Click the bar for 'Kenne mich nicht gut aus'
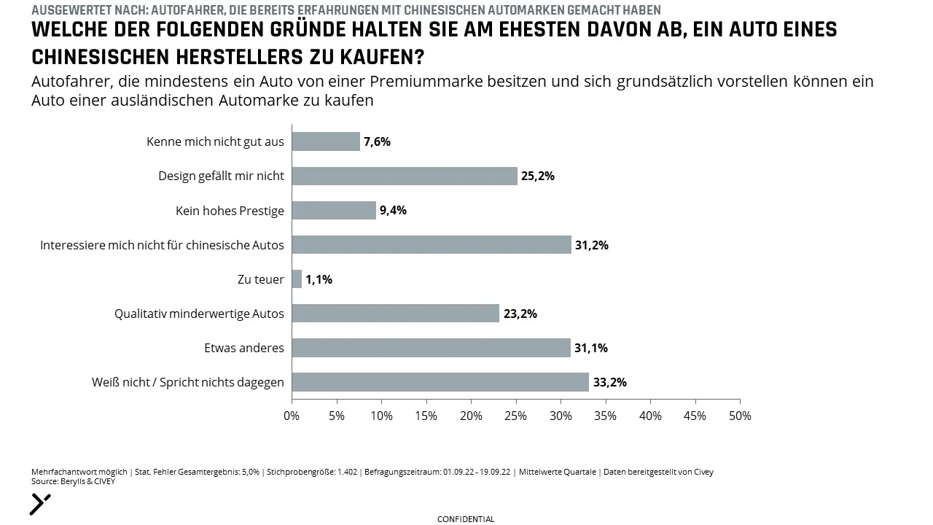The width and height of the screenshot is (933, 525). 326,141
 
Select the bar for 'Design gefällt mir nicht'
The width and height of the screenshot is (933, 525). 405,176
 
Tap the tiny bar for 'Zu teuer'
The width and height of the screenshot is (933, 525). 297,279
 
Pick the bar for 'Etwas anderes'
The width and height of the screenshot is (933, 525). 431,348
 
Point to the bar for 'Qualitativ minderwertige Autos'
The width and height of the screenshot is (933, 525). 395,313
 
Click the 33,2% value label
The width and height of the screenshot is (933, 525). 610,382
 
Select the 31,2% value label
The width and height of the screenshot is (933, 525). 592,245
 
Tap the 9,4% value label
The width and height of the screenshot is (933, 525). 393,211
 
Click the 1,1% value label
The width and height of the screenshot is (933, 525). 319,279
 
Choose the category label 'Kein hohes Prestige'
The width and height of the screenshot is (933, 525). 230,211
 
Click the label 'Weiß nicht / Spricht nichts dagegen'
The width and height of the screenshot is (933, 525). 188,383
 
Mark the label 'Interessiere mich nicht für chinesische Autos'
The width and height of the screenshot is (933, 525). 162,245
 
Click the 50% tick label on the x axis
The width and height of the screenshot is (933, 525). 740,416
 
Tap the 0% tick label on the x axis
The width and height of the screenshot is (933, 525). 292,416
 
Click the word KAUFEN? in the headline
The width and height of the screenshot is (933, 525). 382,57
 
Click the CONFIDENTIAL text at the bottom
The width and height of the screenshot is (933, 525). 466,519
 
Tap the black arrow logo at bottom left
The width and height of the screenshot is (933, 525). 40,505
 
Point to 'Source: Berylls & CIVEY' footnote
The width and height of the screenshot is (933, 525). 74,482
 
